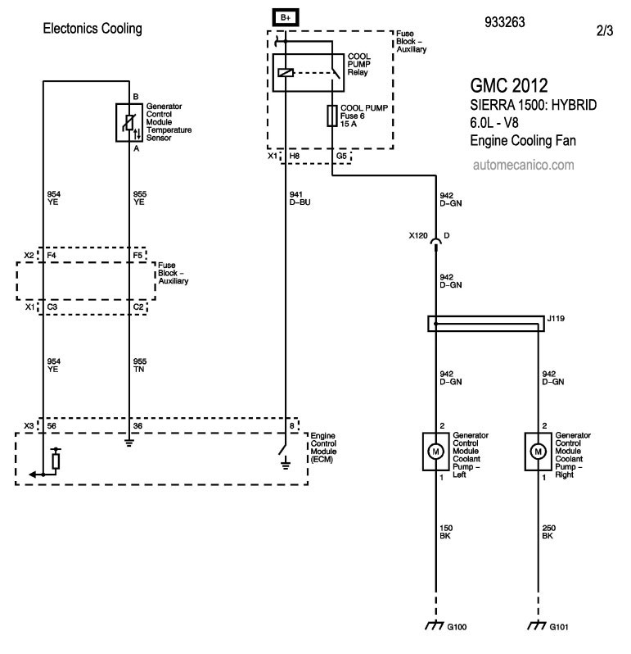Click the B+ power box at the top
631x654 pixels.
[x=286, y=17]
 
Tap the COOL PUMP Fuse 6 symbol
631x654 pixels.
[x=332, y=116]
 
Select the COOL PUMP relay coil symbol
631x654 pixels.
[x=286, y=73]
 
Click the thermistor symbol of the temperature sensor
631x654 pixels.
[x=129, y=123]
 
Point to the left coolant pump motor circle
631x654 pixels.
[x=435, y=452]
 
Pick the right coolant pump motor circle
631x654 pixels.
[x=539, y=452]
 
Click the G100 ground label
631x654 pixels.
[x=457, y=627]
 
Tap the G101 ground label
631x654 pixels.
[x=559, y=627]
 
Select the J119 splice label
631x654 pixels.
[x=556, y=319]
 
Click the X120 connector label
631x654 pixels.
[x=418, y=236]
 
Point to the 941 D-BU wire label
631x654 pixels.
[x=300, y=198]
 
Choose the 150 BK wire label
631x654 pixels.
[x=446, y=532]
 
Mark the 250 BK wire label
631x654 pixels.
[x=548, y=532]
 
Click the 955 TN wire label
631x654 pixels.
[x=140, y=366]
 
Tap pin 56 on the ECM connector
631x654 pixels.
[x=52, y=426]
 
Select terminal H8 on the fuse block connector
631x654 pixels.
[x=295, y=156]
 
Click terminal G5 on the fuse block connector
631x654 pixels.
[x=341, y=156]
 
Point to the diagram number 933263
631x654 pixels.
[x=505, y=22]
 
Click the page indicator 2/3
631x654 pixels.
[x=605, y=30]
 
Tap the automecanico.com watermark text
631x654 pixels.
[x=524, y=166]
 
